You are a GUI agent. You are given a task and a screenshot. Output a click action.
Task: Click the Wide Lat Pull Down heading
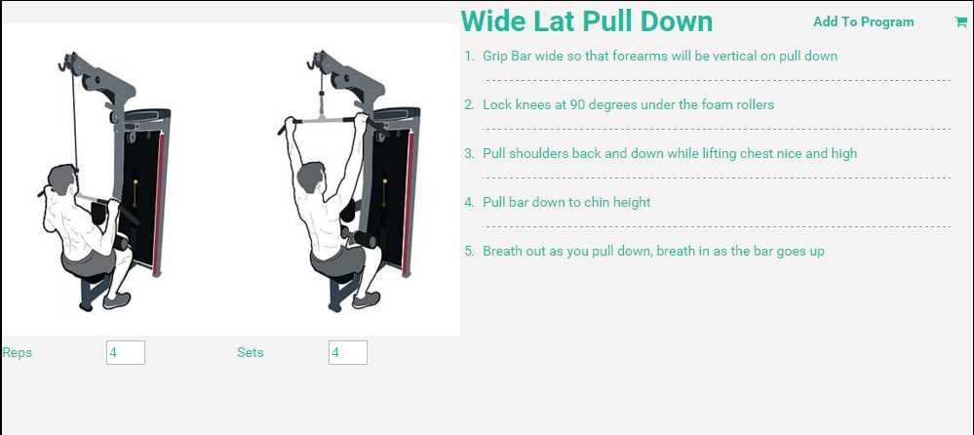pyautogui.click(x=587, y=21)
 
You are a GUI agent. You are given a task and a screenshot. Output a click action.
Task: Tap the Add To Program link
pyautogui.click(x=864, y=22)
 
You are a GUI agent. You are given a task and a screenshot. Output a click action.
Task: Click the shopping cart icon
pyautogui.click(x=960, y=21)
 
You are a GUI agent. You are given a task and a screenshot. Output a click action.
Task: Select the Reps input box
pyautogui.click(x=126, y=352)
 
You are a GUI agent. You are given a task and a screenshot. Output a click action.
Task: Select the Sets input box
pyautogui.click(x=348, y=352)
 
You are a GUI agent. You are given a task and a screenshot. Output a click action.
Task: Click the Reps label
pyautogui.click(x=18, y=353)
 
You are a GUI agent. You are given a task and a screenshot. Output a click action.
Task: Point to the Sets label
pyautogui.click(x=251, y=352)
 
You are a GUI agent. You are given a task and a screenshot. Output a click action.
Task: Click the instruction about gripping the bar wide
pyautogui.click(x=660, y=56)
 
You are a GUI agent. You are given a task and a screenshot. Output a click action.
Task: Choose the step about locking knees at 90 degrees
pyautogui.click(x=628, y=104)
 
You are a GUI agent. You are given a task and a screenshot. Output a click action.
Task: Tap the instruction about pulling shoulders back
pyautogui.click(x=670, y=153)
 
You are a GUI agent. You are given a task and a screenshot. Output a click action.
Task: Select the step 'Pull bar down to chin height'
pyautogui.click(x=566, y=202)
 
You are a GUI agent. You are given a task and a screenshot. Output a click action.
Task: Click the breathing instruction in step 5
pyautogui.click(x=653, y=251)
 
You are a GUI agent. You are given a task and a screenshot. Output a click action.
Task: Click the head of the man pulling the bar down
pyautogui.click(x=63, y=178)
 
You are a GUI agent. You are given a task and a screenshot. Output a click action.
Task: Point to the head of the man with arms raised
pyautogui.click(x=311, y=178)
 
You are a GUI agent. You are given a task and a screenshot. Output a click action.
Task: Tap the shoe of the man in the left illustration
pyautogui.click(x=117, y=300)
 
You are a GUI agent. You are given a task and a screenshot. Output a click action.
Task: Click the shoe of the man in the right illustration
pyautogui.click(x=366, y=300)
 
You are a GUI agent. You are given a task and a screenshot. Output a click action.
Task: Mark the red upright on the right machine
pyautogui.click(x=409, y=203)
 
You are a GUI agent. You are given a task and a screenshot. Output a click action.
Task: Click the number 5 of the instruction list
pyautogui.click(x=469, y=251)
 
